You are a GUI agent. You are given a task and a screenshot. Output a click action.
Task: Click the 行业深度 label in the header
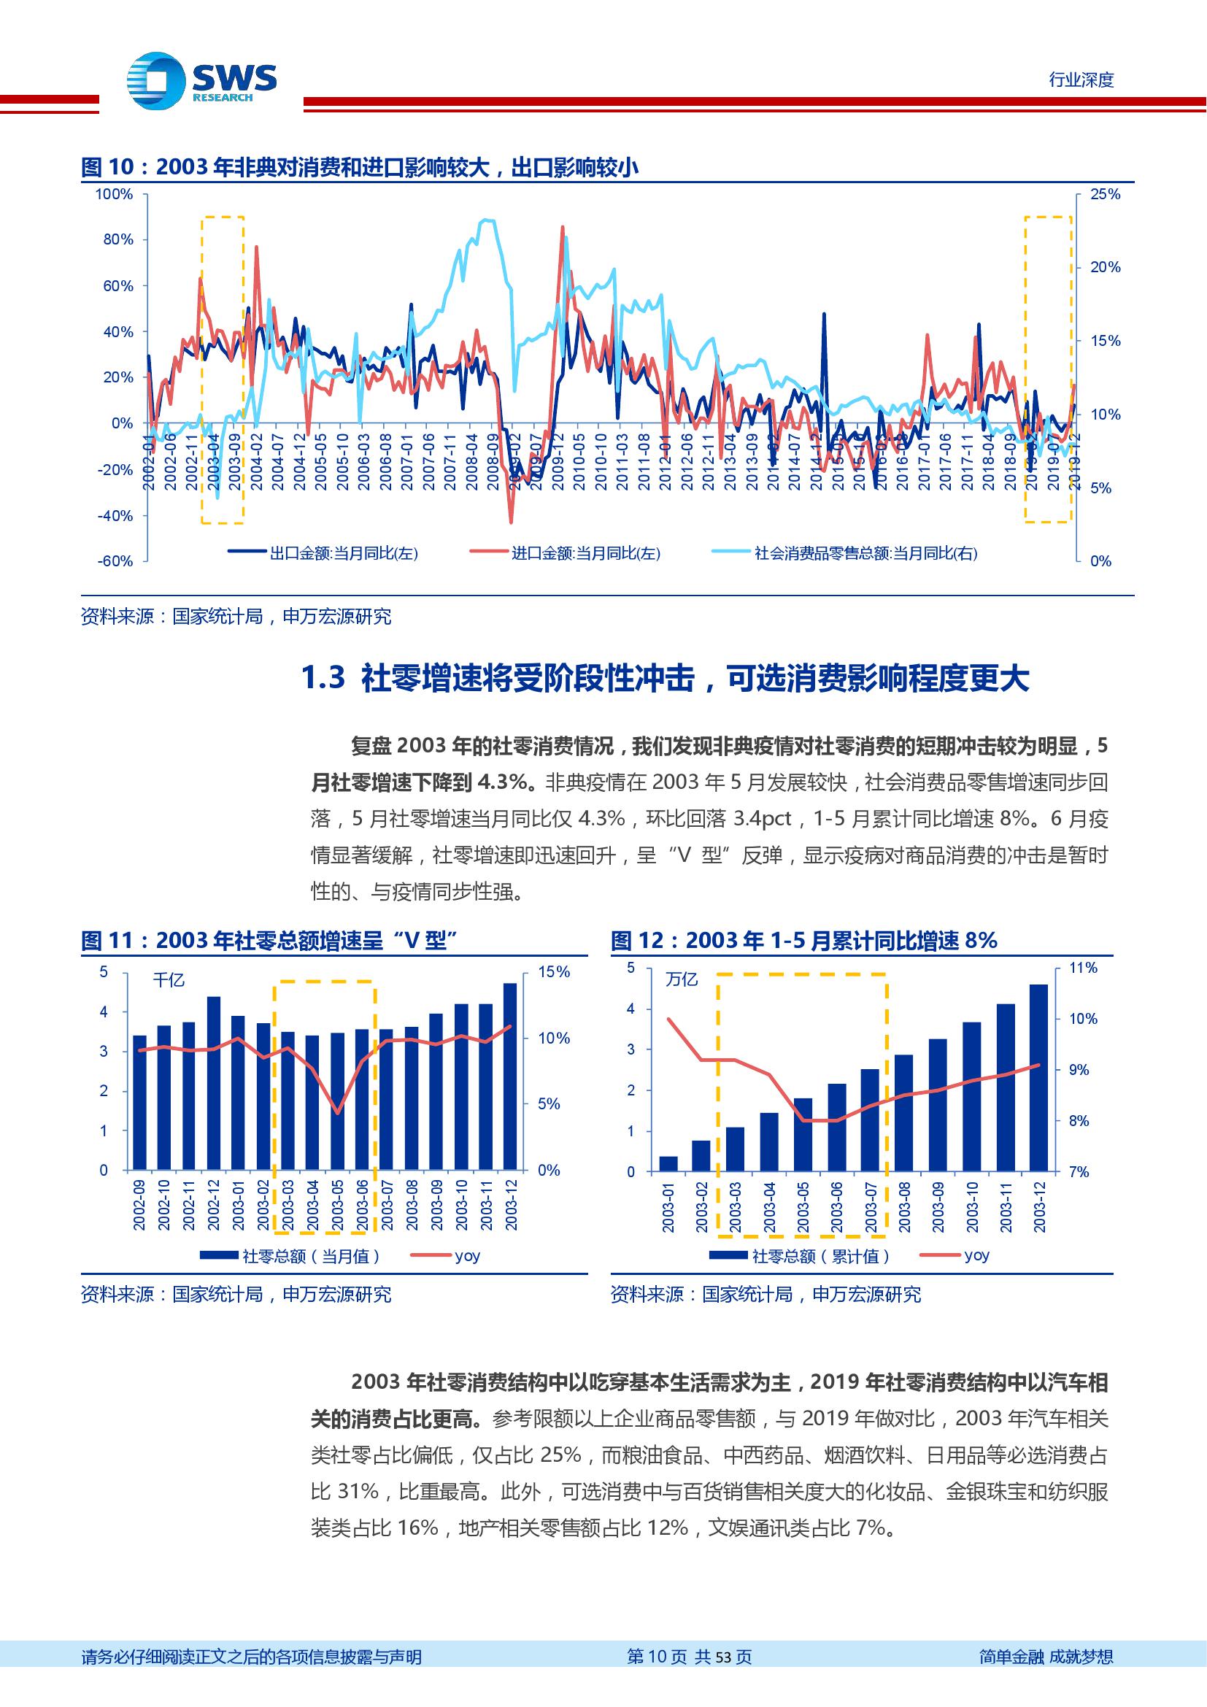pyautogui.click(x=1081, y=80)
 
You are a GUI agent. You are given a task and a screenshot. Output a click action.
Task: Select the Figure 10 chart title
pyautogui.click(x=360, y=168)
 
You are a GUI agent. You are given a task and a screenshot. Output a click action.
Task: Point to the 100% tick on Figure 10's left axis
pyautogui.click(x=115, y=195)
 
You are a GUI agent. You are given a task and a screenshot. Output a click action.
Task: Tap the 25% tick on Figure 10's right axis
pyautogui.click(x=1104, y=195)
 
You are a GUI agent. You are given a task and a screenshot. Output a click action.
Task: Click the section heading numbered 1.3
pyautogui.click(x=666, y=679)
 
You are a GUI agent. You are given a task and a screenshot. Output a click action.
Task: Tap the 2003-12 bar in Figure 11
pyautogui.click(x=510, y=1076)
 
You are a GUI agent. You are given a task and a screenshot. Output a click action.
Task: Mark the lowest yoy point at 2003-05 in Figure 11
pyautogui.click(x=337, y=1113)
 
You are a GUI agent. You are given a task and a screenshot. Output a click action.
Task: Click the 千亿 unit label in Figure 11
pyautogui.click(x=169, y=981)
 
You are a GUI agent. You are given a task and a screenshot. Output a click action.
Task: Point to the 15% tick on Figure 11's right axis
pyautogui.click(x=553, y=972)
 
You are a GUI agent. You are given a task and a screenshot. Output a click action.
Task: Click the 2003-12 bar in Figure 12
pyautogui.click(x=1039, y=1078)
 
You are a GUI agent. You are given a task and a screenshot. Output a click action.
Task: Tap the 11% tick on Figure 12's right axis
pyautogui.click(x=1083, y=968)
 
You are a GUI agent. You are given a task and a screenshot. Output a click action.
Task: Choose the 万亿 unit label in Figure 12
pyautogui.click(x=682, y=980)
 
